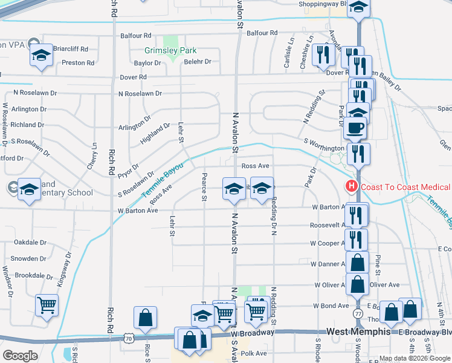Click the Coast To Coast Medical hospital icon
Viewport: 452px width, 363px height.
tap(350, 186)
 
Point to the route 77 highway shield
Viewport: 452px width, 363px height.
tap(358, 315)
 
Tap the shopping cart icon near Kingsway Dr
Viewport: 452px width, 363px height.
tap(47, 305)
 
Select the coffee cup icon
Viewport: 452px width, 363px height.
tap(355, 128)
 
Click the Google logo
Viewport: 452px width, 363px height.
tap(21, 355)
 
